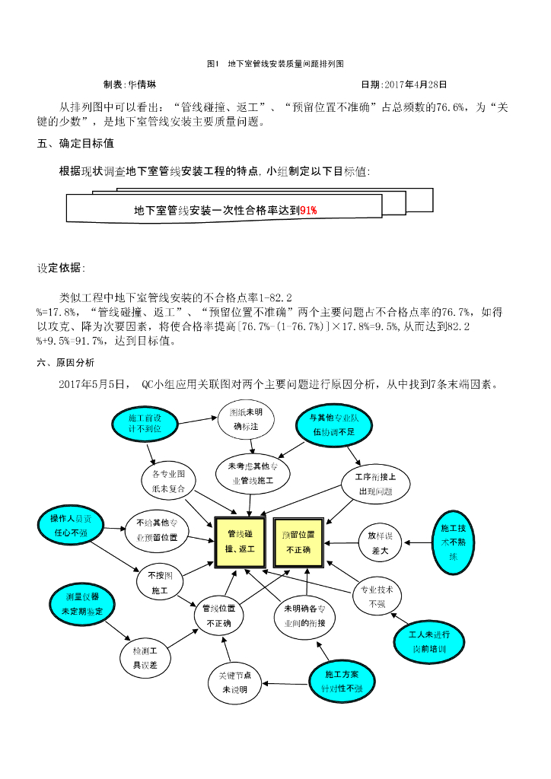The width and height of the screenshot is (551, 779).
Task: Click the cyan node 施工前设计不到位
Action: point(145,424)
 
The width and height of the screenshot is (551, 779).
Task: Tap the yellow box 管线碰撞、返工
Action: point(240,542)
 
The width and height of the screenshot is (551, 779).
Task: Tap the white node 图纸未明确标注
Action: point(246,419)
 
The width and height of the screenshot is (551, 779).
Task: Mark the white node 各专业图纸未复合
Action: point(169,482)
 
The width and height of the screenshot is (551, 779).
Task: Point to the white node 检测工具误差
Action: point(145,658)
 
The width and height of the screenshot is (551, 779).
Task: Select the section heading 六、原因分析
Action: point(66,362)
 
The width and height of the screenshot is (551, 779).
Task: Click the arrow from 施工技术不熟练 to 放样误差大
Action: point(417,542)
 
